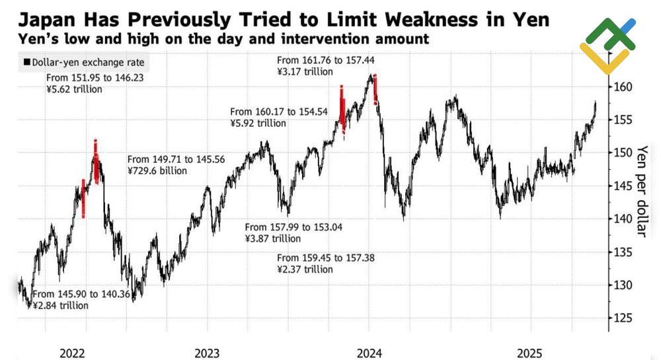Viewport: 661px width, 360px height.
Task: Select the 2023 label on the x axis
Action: coord(208,353)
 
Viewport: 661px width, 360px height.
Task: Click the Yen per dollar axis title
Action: coord(641,191)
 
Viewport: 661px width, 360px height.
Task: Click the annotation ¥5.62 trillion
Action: coord(74,89)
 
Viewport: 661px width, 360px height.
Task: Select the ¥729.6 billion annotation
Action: coord(157,170)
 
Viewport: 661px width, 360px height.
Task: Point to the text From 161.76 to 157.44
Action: coord(319,61)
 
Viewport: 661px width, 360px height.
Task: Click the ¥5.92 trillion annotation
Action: coord(258,123)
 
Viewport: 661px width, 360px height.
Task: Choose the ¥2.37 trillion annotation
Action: coord(305,269)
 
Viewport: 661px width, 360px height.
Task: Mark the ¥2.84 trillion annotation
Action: coord(60,305)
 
